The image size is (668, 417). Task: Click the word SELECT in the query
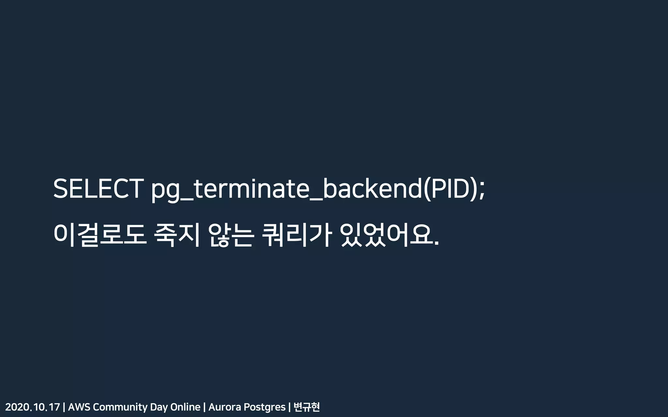click(98, 189)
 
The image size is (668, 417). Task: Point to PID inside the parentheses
click(450, 189)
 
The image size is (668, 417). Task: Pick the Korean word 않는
click(231, 234)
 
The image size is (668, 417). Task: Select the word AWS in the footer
click(79, 407)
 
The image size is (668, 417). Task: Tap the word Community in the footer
click(120, 407)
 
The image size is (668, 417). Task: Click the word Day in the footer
click(159, 407)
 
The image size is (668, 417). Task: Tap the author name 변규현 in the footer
click(307, 407)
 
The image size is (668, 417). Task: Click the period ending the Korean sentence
click(437, 243)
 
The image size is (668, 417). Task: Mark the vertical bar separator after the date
click(64, 407)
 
